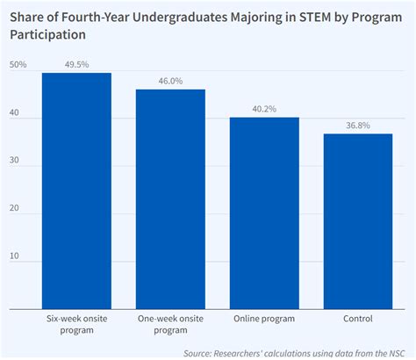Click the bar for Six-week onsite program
coord(76,191)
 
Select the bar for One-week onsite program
coord(170,199)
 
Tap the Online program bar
coord(264,213)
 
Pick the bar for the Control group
coord(358,221)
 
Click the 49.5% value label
coord(77,63)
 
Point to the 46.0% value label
coord(170,80)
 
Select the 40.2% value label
coord(264,108)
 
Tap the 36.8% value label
coord(358,125)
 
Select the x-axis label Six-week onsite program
coord(76,324)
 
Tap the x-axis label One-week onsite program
coord(170,324)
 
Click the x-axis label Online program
coord(264,319)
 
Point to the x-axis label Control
coord(358,319)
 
